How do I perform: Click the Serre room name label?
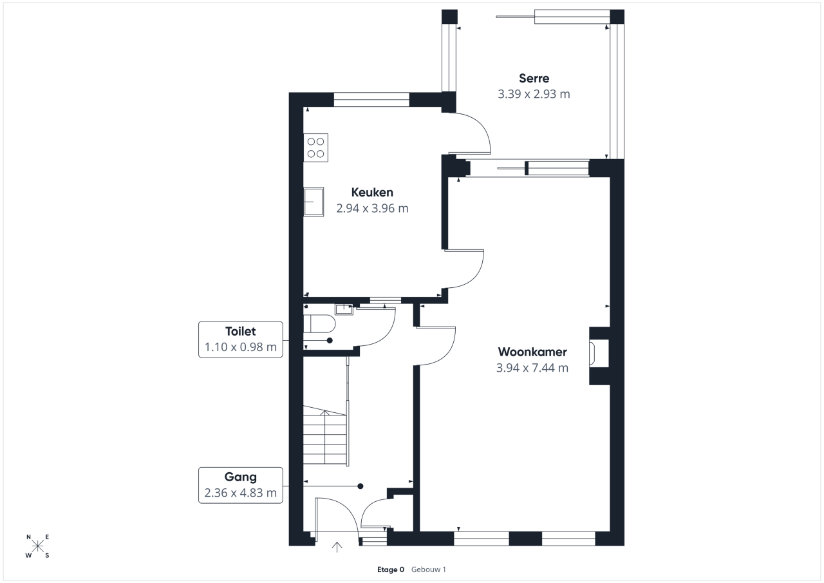pos(534,78)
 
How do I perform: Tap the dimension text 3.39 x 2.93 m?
pos(534,94)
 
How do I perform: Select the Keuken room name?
pos(372,192)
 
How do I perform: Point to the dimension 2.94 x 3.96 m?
pos(372,208)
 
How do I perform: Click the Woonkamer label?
pos(532,352)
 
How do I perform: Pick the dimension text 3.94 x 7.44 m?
pos(532,368)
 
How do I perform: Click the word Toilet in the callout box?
pos(241,331)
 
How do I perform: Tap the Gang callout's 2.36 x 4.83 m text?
pos(241,492)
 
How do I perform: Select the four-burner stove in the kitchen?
pos(315,148)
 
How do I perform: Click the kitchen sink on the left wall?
pos(314,202)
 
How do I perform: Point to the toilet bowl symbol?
pos(319,324)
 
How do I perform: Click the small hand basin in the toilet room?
pos(344,309)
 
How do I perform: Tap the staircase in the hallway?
pos(326,435)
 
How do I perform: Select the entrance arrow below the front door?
pos(337,547)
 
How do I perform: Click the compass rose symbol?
pos(37,546)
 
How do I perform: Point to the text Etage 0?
pos(391,569)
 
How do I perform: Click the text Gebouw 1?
pos(429,569)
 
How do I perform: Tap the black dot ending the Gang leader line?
pos(360,486)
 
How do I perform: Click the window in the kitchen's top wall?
pos(371,100)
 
